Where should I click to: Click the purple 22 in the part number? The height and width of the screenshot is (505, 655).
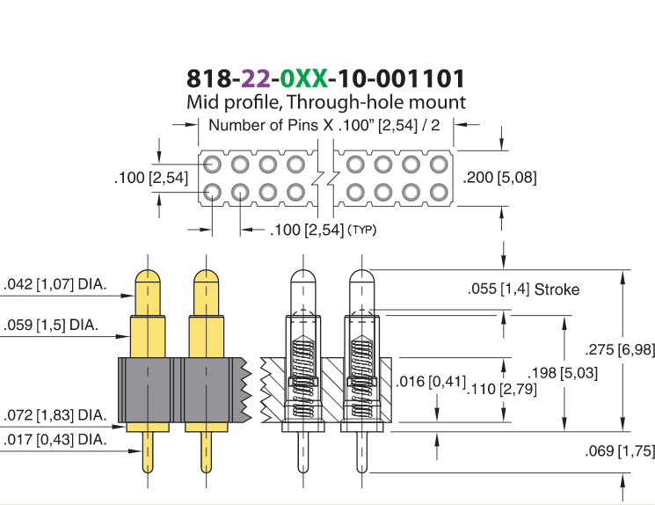pyautogui.click(x=256, y=78)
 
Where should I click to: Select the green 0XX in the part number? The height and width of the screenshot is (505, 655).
pyautogui.click(x=303, y=78)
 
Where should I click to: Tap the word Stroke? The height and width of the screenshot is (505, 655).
pyautogui.click(x=557, y=289)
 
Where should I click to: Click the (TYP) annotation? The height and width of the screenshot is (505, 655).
pyautogui.click(x=361, y=230)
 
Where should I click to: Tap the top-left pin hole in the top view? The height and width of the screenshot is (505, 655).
pyautogui.click(x=212, y=165)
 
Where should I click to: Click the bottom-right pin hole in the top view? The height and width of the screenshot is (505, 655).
pyautogui.click(x=439, y=193)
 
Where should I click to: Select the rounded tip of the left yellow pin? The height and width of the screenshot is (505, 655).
pyautogui.click(x=148, y=276)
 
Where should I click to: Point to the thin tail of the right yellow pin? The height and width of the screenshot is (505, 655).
pyautogui.click(x=207, y=452)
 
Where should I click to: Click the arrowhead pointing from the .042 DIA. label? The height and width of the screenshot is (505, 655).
pyautogui.click(x=127, y=296)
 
